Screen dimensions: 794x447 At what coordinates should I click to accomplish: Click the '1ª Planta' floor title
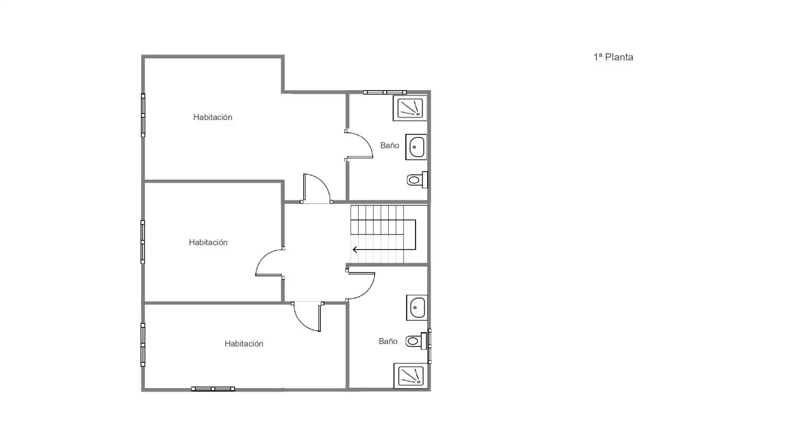coord(613,57)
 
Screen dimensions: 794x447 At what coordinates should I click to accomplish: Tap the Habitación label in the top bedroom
coord(213,117)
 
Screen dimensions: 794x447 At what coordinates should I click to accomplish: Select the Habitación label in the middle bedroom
coord(208,242)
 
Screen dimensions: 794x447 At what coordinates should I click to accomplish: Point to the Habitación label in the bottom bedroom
coord(244,344)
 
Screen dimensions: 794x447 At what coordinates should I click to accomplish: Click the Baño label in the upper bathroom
coord(390,145)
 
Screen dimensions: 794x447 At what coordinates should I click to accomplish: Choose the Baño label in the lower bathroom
coord(388,341)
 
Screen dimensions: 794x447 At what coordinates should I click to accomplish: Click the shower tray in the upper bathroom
coord(410,108)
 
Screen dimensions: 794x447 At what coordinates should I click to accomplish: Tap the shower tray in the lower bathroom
coord(411,376)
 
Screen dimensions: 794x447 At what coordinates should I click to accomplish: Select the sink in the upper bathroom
coord(416,147)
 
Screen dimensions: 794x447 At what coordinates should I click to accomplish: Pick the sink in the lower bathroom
coord(417,308)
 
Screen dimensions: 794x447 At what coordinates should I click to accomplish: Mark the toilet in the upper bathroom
coord(417,180)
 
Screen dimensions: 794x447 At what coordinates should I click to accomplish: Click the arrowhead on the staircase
coord(355,250)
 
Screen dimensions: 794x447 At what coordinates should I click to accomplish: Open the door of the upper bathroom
coord(359,145)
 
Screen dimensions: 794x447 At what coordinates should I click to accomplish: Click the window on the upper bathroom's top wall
coord(385,92)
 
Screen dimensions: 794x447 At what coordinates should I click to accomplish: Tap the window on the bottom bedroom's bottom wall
coord(213,389)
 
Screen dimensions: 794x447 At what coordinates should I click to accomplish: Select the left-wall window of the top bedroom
coord(143,115)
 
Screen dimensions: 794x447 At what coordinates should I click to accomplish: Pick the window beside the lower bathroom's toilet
coord(430,346)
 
